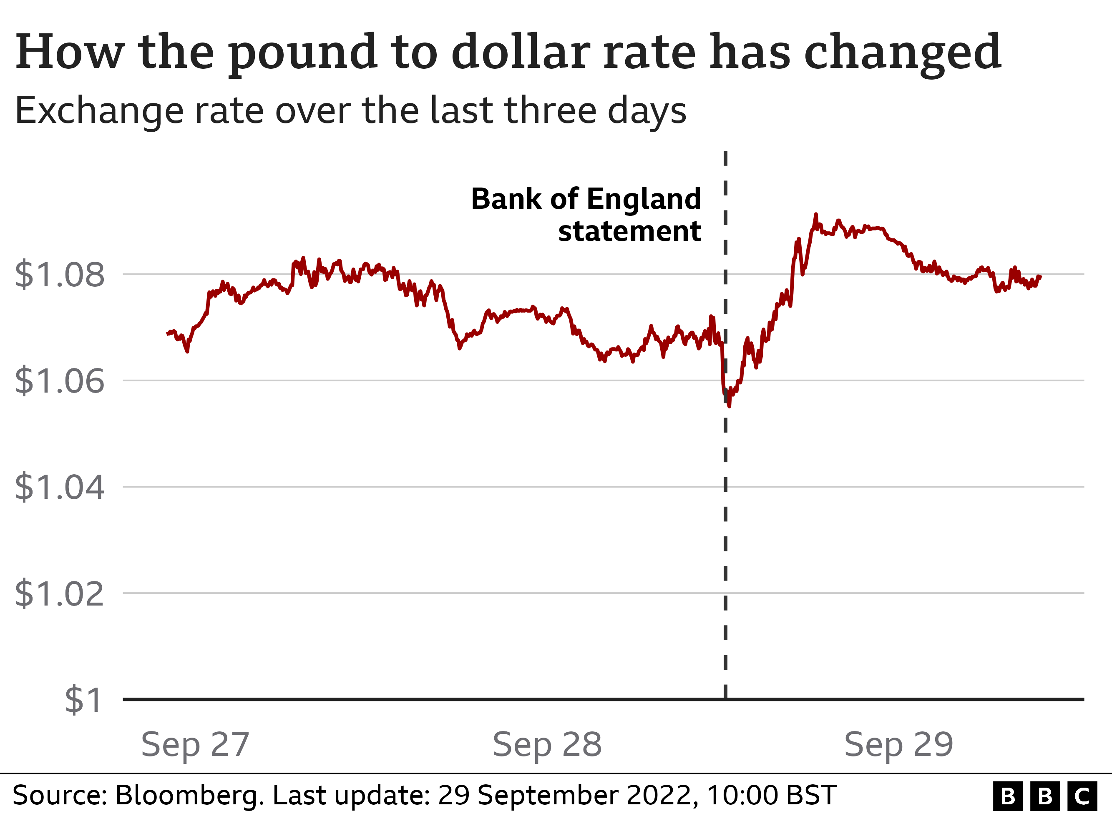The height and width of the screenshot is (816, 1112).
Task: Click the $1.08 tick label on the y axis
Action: pos(59,275)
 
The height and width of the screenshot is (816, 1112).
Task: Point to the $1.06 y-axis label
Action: pos(59,381)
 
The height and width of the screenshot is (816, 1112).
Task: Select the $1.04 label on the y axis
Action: pos(59,487)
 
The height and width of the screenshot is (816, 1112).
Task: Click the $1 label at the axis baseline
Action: pos(83,699)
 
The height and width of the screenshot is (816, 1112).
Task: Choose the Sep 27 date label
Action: pos(195,744)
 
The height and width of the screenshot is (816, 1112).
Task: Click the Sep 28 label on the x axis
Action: pos(547,744)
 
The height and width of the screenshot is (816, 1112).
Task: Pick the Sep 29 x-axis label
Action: pos(898,744)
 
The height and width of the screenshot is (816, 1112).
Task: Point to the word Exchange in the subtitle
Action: pos(99,110)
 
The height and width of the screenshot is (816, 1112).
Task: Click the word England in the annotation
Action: pos(644,199)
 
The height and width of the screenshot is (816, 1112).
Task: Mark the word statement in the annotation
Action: pos(629,231)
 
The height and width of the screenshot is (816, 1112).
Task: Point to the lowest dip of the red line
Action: pos(730,405)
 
